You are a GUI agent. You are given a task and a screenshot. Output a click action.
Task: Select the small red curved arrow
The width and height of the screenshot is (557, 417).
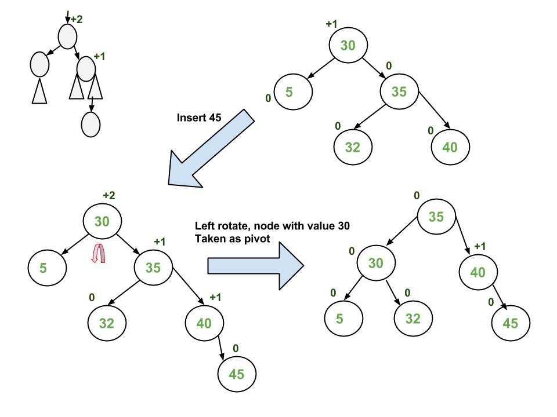click(x=99, y=253)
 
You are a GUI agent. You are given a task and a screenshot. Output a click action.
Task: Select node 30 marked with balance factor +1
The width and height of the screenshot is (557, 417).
click(x=348, y=45)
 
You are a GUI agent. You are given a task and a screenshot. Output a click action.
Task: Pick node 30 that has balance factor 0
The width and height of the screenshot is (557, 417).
click(x=376, y=264)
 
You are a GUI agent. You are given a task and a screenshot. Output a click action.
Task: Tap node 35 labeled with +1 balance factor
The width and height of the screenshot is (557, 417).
click(x=154, y=266)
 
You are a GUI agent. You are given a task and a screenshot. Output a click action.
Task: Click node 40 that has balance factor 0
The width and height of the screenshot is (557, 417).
click(x=450, y=147)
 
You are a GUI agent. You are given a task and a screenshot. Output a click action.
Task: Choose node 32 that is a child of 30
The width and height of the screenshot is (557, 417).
click(x=413, y=317)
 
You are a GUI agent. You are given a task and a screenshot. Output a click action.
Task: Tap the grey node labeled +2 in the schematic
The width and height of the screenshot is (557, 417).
click(x=67, y=37)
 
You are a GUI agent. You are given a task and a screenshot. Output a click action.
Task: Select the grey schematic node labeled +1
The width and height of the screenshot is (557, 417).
click(x=86, y=68)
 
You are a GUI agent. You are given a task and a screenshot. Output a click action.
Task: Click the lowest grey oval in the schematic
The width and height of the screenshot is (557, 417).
click(x=91, y=124)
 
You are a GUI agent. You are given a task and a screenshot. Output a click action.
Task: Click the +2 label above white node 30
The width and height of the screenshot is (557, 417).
click(x=108, y=196)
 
